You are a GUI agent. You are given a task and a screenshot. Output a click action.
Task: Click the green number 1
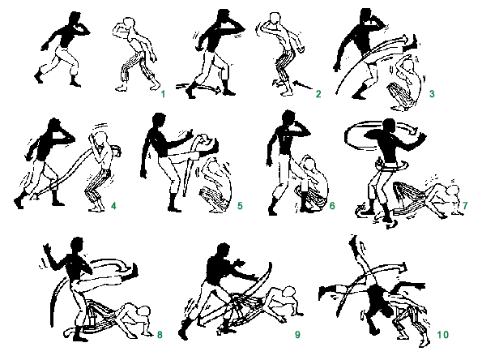[163, 94]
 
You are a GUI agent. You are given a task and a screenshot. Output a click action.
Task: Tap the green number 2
[318, 94]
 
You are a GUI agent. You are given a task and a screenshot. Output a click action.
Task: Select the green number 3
[432, 94]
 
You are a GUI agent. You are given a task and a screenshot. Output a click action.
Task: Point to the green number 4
[113, 206]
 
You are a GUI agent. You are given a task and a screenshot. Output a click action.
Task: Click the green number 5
[240, 206]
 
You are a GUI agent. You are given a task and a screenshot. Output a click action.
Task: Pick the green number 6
[332, 206]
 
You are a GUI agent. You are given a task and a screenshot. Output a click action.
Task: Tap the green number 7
[465, 205]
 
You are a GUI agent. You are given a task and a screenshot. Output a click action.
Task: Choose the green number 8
[160, 335]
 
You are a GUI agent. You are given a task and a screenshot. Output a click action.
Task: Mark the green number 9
[297, 335]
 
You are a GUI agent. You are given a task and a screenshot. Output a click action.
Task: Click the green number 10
[443, 335]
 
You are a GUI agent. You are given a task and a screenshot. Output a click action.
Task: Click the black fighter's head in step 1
[75, 19]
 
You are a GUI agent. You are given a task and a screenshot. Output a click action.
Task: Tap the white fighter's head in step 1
[129, 24]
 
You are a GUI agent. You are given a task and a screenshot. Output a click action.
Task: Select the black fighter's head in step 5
[160, 121]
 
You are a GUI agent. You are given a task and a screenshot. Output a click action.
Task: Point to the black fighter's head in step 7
[389, 126]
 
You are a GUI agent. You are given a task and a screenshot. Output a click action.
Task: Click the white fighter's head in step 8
[143, 311]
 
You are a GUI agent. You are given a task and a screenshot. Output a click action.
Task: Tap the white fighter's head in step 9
[289, 293]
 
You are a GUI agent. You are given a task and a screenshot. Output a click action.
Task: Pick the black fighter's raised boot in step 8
[130, 272]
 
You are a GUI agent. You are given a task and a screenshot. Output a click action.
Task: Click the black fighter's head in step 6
[288, 118]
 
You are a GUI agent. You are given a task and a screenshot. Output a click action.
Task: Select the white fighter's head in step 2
[275, 19]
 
